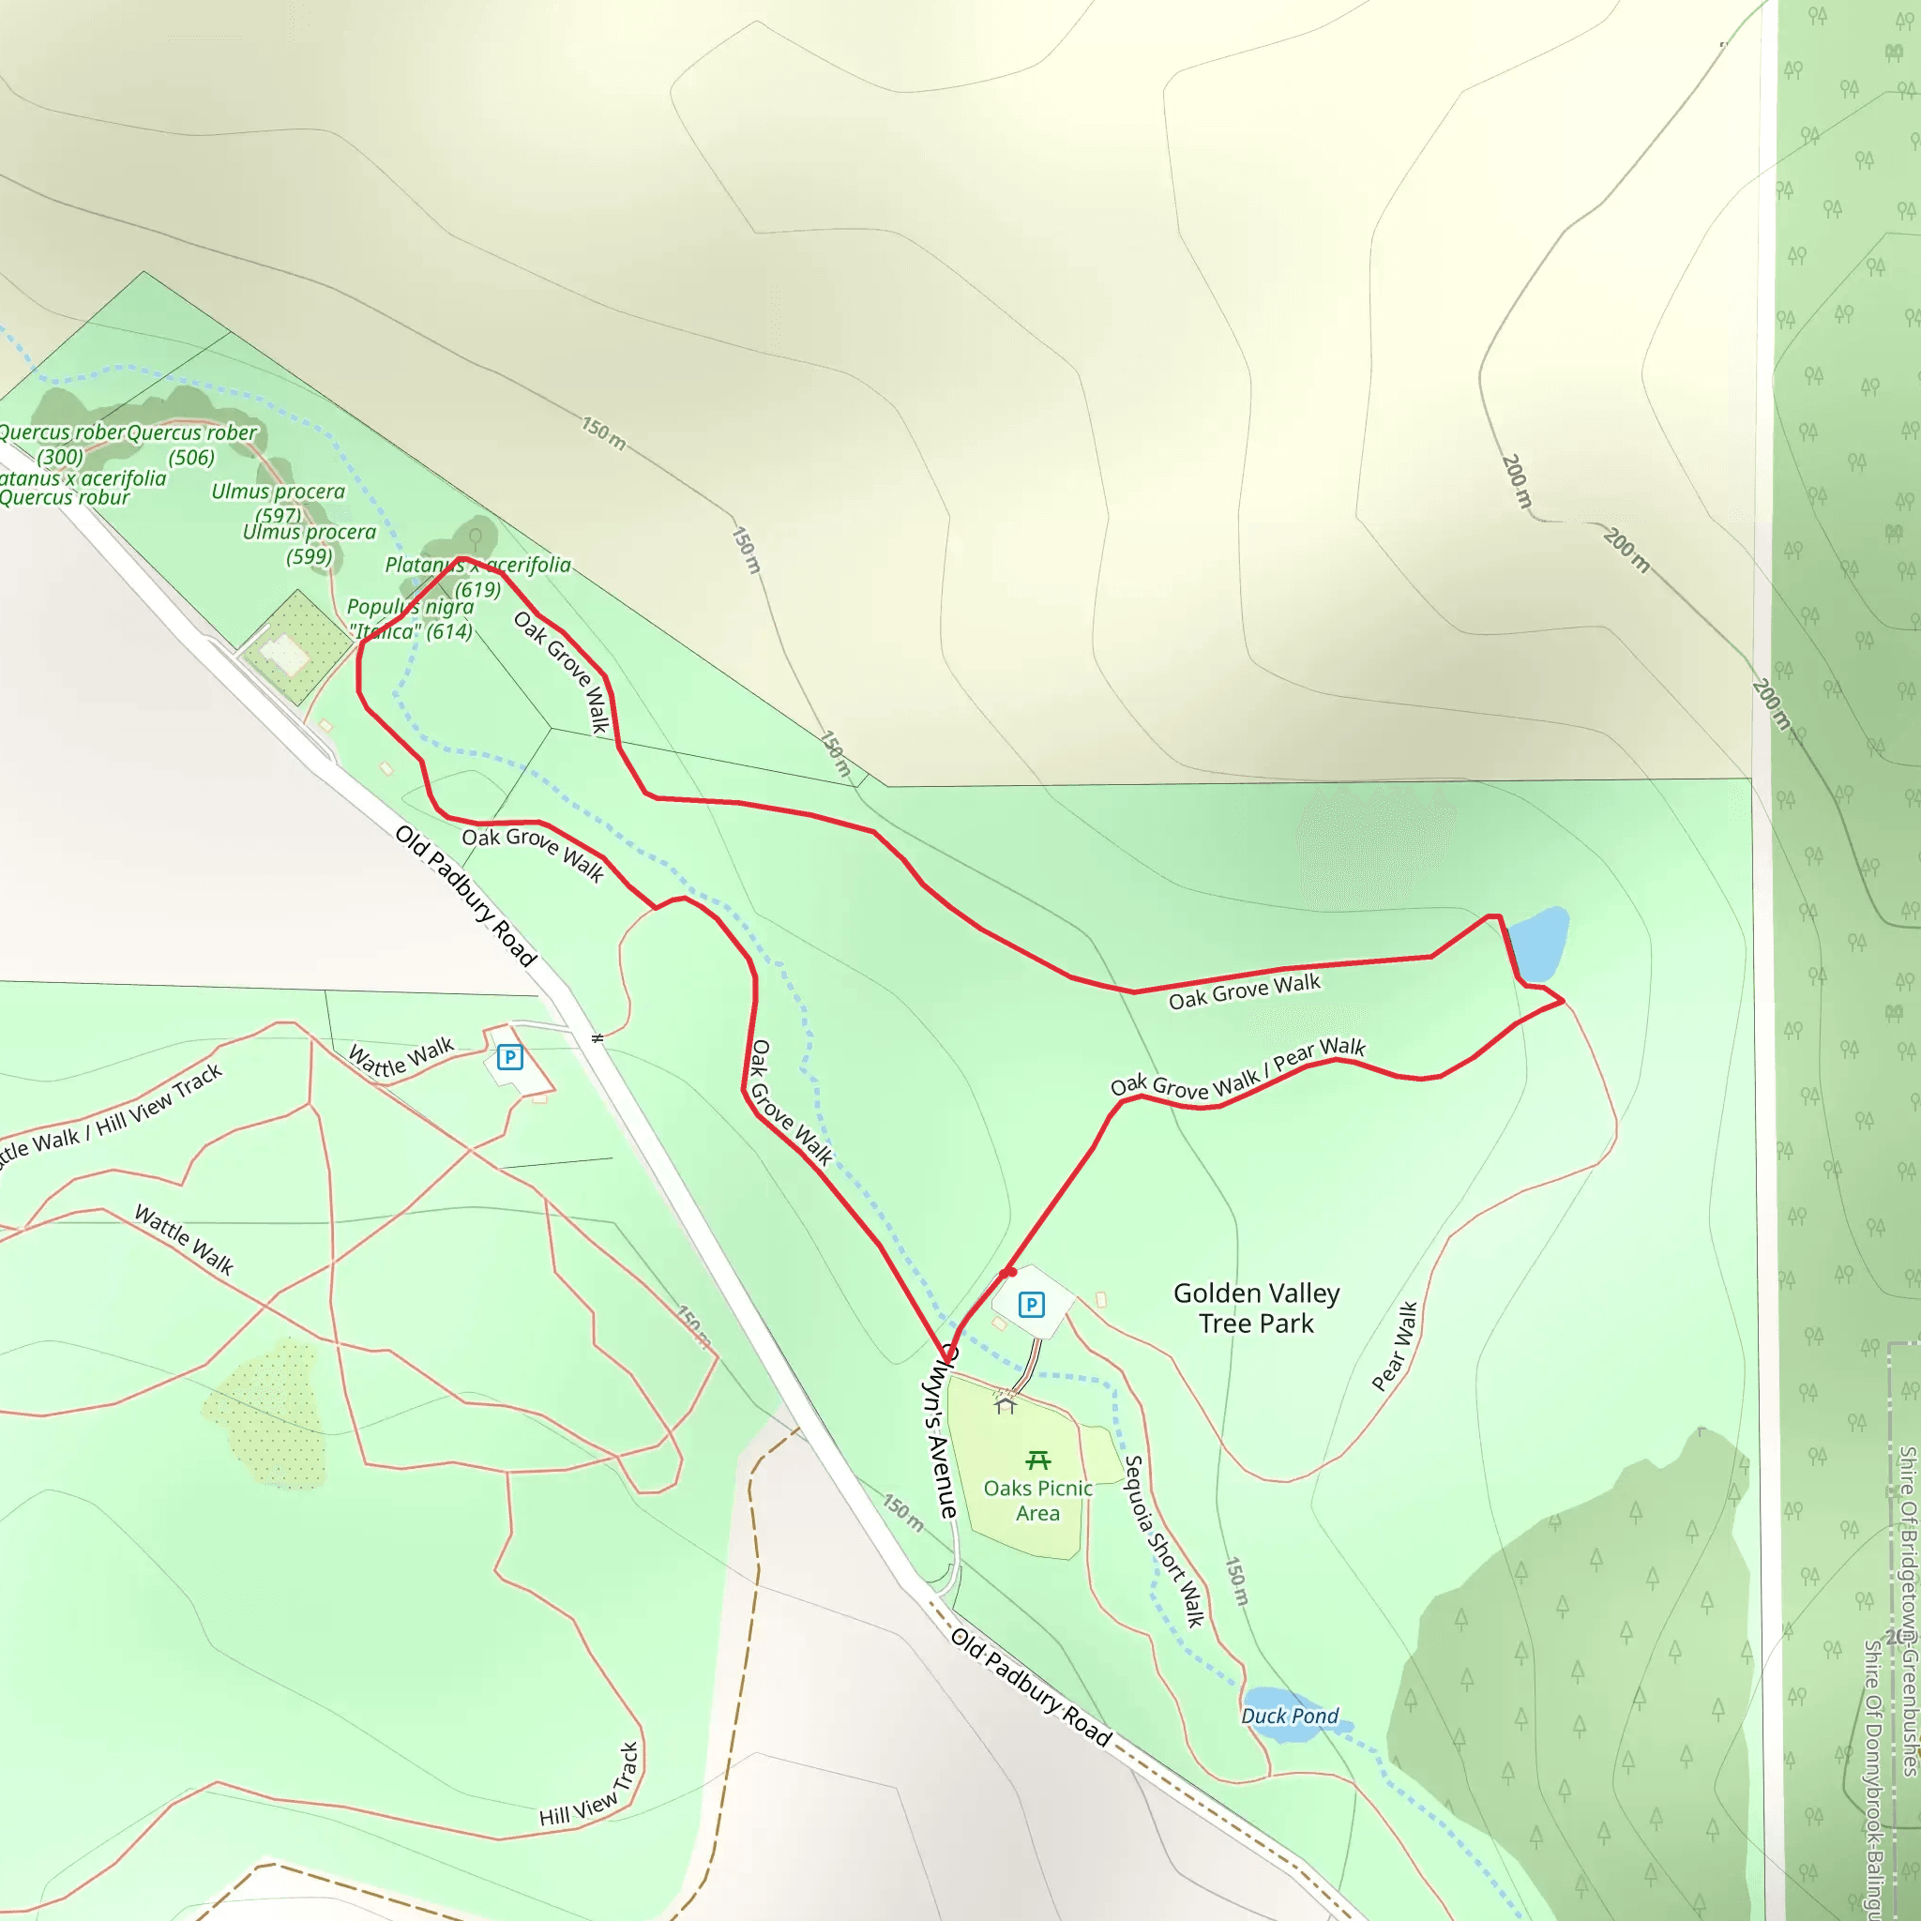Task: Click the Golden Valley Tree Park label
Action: (x=1256, y=1308)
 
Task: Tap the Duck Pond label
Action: (x=1290, y=1717)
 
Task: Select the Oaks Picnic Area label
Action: (x=1038, y=1501)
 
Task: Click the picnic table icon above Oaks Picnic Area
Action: (x=1038, y=1460)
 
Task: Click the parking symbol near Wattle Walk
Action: (x=510, y=1057)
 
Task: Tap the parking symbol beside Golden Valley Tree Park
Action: (x=1032, y=1305)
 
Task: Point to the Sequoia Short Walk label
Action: (x=1163, y=1541)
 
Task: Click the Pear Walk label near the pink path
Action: (x=1394, y=1345)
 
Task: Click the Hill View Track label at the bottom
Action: (x=589, y=1786)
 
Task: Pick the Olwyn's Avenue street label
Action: (x=940, y=1431)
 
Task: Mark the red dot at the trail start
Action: (x=1008, y=1272)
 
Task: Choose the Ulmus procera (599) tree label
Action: (x=310, y=544)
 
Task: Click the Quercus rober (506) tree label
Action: (x=192, y=445)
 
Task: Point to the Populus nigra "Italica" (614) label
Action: (x=411, y=618)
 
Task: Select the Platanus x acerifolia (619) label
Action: (x=478, y=577)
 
